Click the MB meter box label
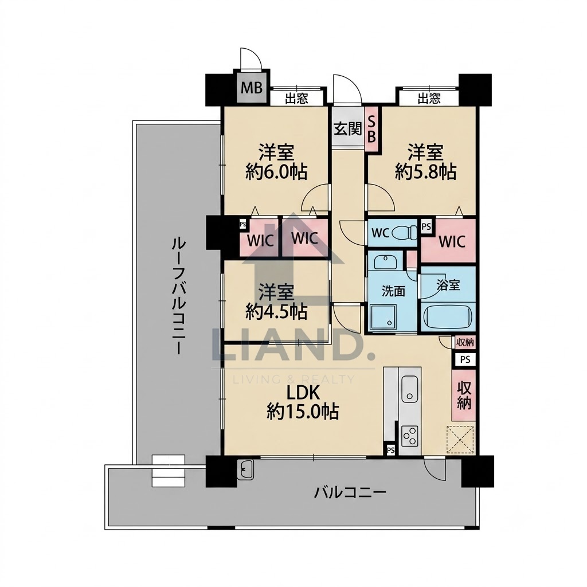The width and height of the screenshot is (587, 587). (251, 88)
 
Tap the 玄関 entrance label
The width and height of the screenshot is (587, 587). (348, 128)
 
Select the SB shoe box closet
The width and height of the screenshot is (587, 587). (371, 129)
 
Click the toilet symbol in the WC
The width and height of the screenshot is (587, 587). (404, 233)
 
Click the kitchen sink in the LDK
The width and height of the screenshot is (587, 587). (409, 388)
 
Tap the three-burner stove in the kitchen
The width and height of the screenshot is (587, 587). (409, 436)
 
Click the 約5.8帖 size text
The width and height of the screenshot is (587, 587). (426, 172)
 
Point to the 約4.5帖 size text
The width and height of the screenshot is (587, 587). (277, 312)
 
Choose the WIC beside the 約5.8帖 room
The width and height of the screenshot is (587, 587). (452, 241)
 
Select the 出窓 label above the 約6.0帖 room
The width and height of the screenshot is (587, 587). (296, 99)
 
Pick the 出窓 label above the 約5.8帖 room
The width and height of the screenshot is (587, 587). (429, 99)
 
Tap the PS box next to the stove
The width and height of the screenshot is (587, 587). (390, 449)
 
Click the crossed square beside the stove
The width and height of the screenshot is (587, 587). (460, 440)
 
